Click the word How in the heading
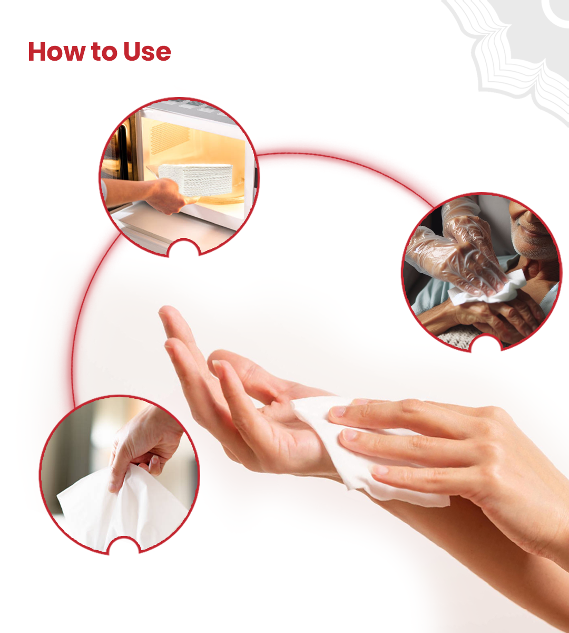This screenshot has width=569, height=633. tap(57, 52)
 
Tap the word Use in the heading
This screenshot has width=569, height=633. tap(147, 52)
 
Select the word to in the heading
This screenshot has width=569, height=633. tap(104, 52)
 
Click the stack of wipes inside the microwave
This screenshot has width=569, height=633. tap(195, 179)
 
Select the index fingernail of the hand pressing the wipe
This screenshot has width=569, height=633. tap(337, 412)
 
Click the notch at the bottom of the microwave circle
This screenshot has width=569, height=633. tap(184, 247)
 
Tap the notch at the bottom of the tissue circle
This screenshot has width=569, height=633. tap(124, 545)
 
